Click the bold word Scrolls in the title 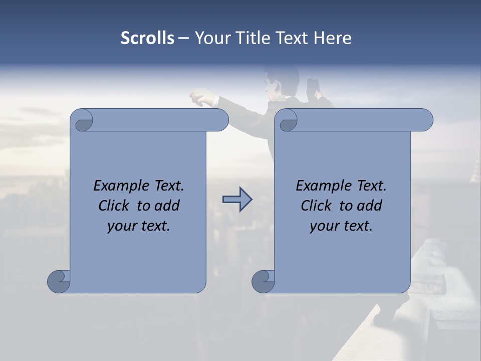(148, 38)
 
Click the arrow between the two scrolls (237, 200)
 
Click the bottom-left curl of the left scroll (59, 281)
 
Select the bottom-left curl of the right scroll (263, 281)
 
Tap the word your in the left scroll (122, 226)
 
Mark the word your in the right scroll (324, 226)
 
